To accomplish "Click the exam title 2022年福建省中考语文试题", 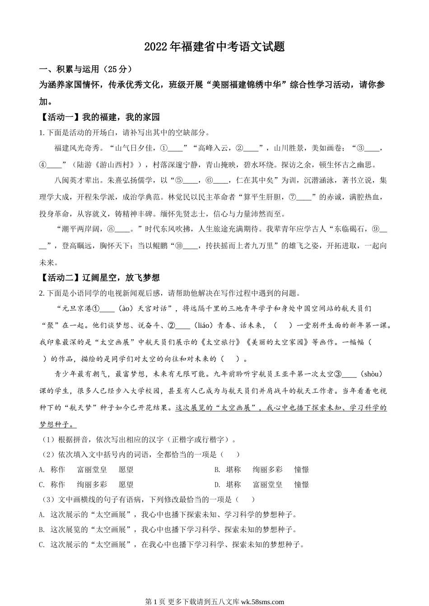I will point(214,47).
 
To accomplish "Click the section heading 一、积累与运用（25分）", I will point(86,69).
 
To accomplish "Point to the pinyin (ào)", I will point(129,309).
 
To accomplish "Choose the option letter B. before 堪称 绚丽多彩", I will point(217,470).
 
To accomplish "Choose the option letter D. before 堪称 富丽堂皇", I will point(217,485).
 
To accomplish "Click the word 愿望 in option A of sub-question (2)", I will point(126,470).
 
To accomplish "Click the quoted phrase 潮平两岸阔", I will point(79,230).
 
